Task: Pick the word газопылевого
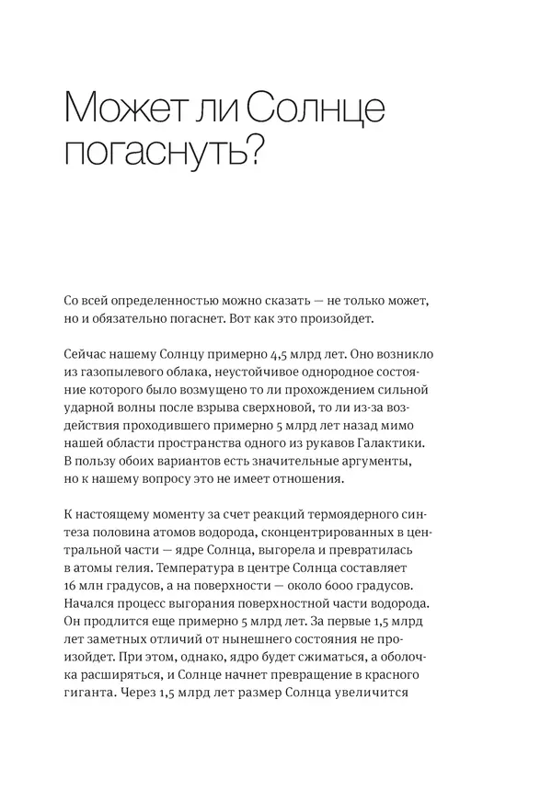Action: point(126,372)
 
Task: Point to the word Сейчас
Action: point(90,354)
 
